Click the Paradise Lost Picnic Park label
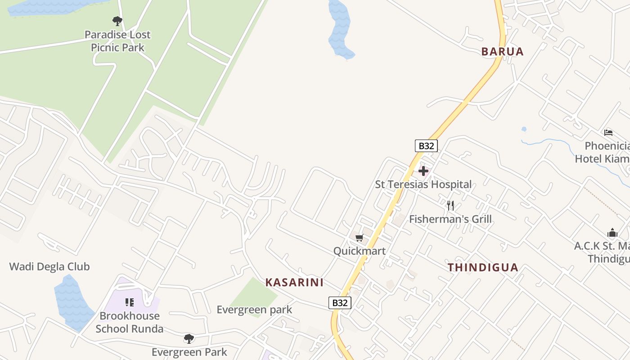point(117,41)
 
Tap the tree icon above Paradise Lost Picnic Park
point(117,21)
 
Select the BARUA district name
point(503,52)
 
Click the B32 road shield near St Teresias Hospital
point(426,146)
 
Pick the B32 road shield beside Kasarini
point(340,303)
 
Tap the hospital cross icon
point(423,171)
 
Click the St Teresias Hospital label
point(423,184)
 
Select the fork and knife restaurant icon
point(450,206)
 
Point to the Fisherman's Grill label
point(450,219)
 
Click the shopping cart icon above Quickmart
point(359,238)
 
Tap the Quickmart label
point(359,251)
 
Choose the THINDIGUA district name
point(483,268)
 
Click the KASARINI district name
point(294,283)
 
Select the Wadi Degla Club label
point(49,266)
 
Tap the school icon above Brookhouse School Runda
point(130,302)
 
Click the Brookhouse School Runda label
point(130,322)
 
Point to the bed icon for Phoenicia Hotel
point(608,132)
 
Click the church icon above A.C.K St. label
point(612,233)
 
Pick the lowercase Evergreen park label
point(254,310)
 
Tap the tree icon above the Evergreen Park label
point(189,338)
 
